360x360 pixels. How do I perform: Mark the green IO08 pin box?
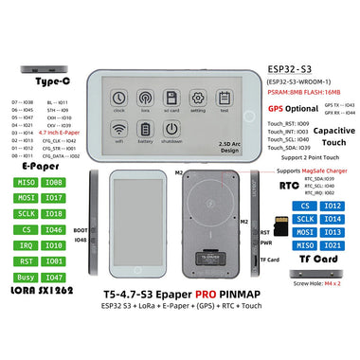coord(58,181)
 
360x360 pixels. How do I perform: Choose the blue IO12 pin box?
coord(330,205)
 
